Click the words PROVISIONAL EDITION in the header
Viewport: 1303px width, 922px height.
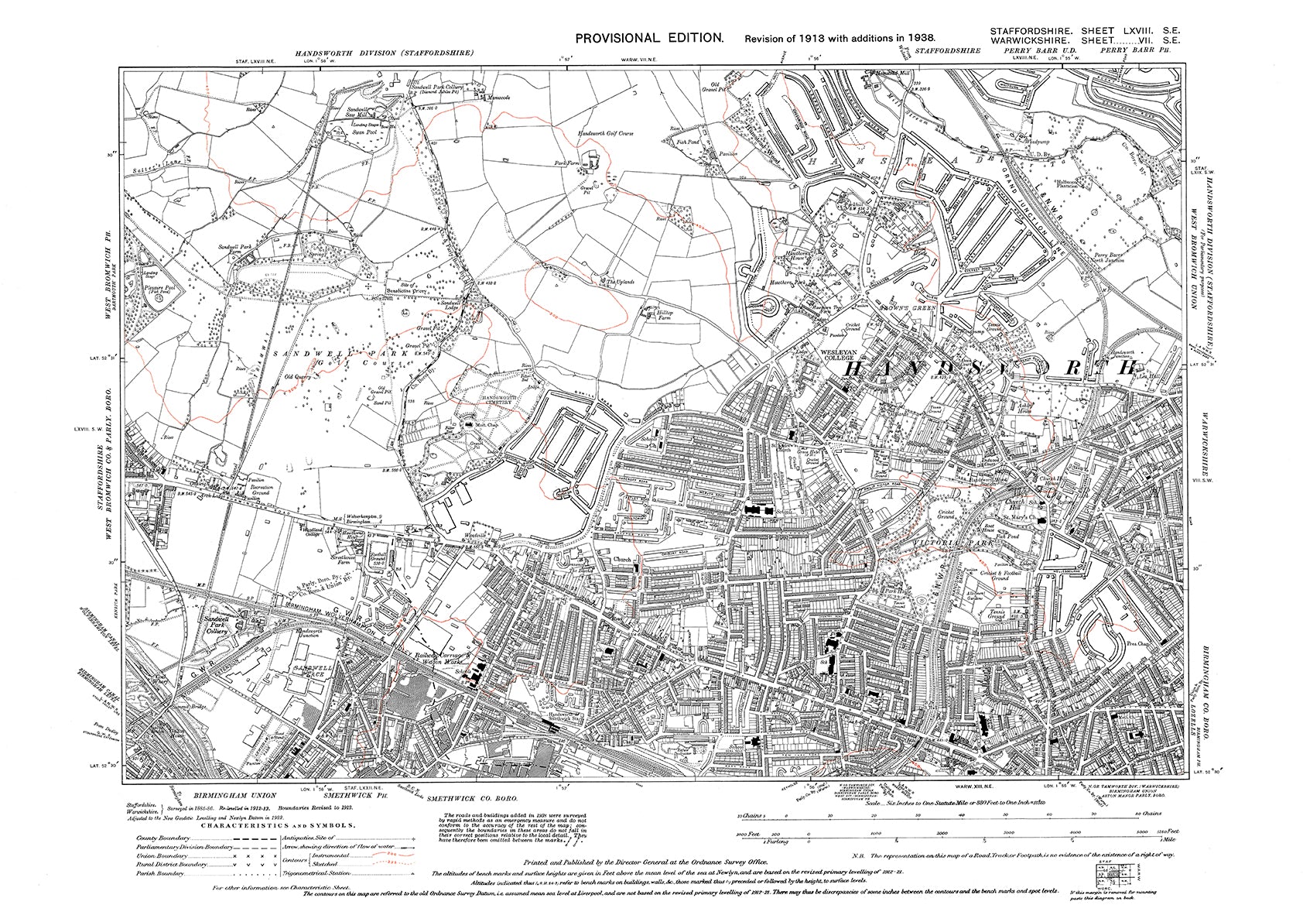pyautogui.click(x=648, y=37)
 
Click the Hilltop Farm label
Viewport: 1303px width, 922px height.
pyautogui.click(x=650, y=315)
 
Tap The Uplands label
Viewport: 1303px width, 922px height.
pyautogui.click(x=619, y=282)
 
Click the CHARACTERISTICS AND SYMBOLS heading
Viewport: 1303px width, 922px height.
pyautogui.click(x=279, y=826)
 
